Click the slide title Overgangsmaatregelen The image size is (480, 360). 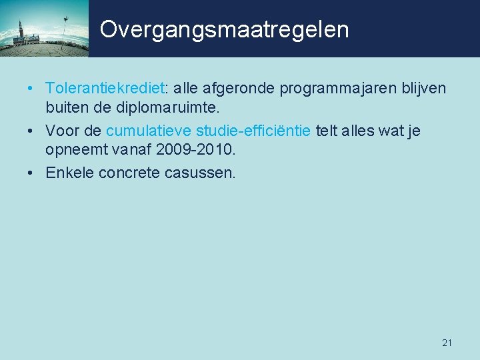[x=224, y=29]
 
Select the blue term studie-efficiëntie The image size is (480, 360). [x=253, y=131]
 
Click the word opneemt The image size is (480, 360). [x=75, y=149]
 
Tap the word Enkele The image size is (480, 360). [x=69, y=173]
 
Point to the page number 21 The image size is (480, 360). [x=447, y=343]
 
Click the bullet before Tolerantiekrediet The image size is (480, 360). [x=32, y=89]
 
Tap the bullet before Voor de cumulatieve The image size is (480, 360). [x=32, y=131]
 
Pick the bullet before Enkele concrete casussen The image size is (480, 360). [x=32, y=174]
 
